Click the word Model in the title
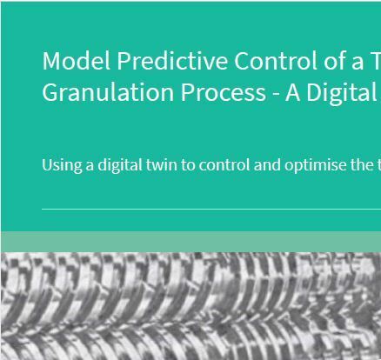77,61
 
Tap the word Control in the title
276,61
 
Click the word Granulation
108,92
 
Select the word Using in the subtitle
62,165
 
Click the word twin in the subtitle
162,164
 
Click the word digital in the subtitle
120,165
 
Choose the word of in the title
334,61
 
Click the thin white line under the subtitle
211,209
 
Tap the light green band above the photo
190,242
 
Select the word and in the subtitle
267,164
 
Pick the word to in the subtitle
188,165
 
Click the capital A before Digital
292,93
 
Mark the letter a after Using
90,166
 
